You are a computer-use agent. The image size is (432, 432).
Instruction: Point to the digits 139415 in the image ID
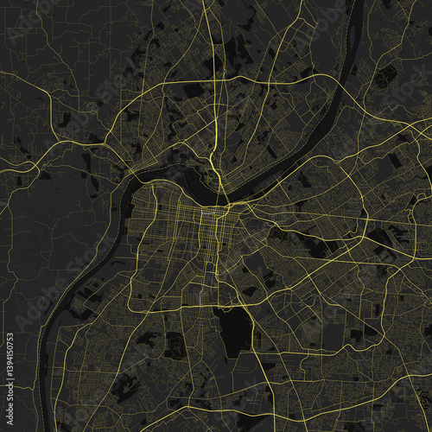click(x=9, y=384)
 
